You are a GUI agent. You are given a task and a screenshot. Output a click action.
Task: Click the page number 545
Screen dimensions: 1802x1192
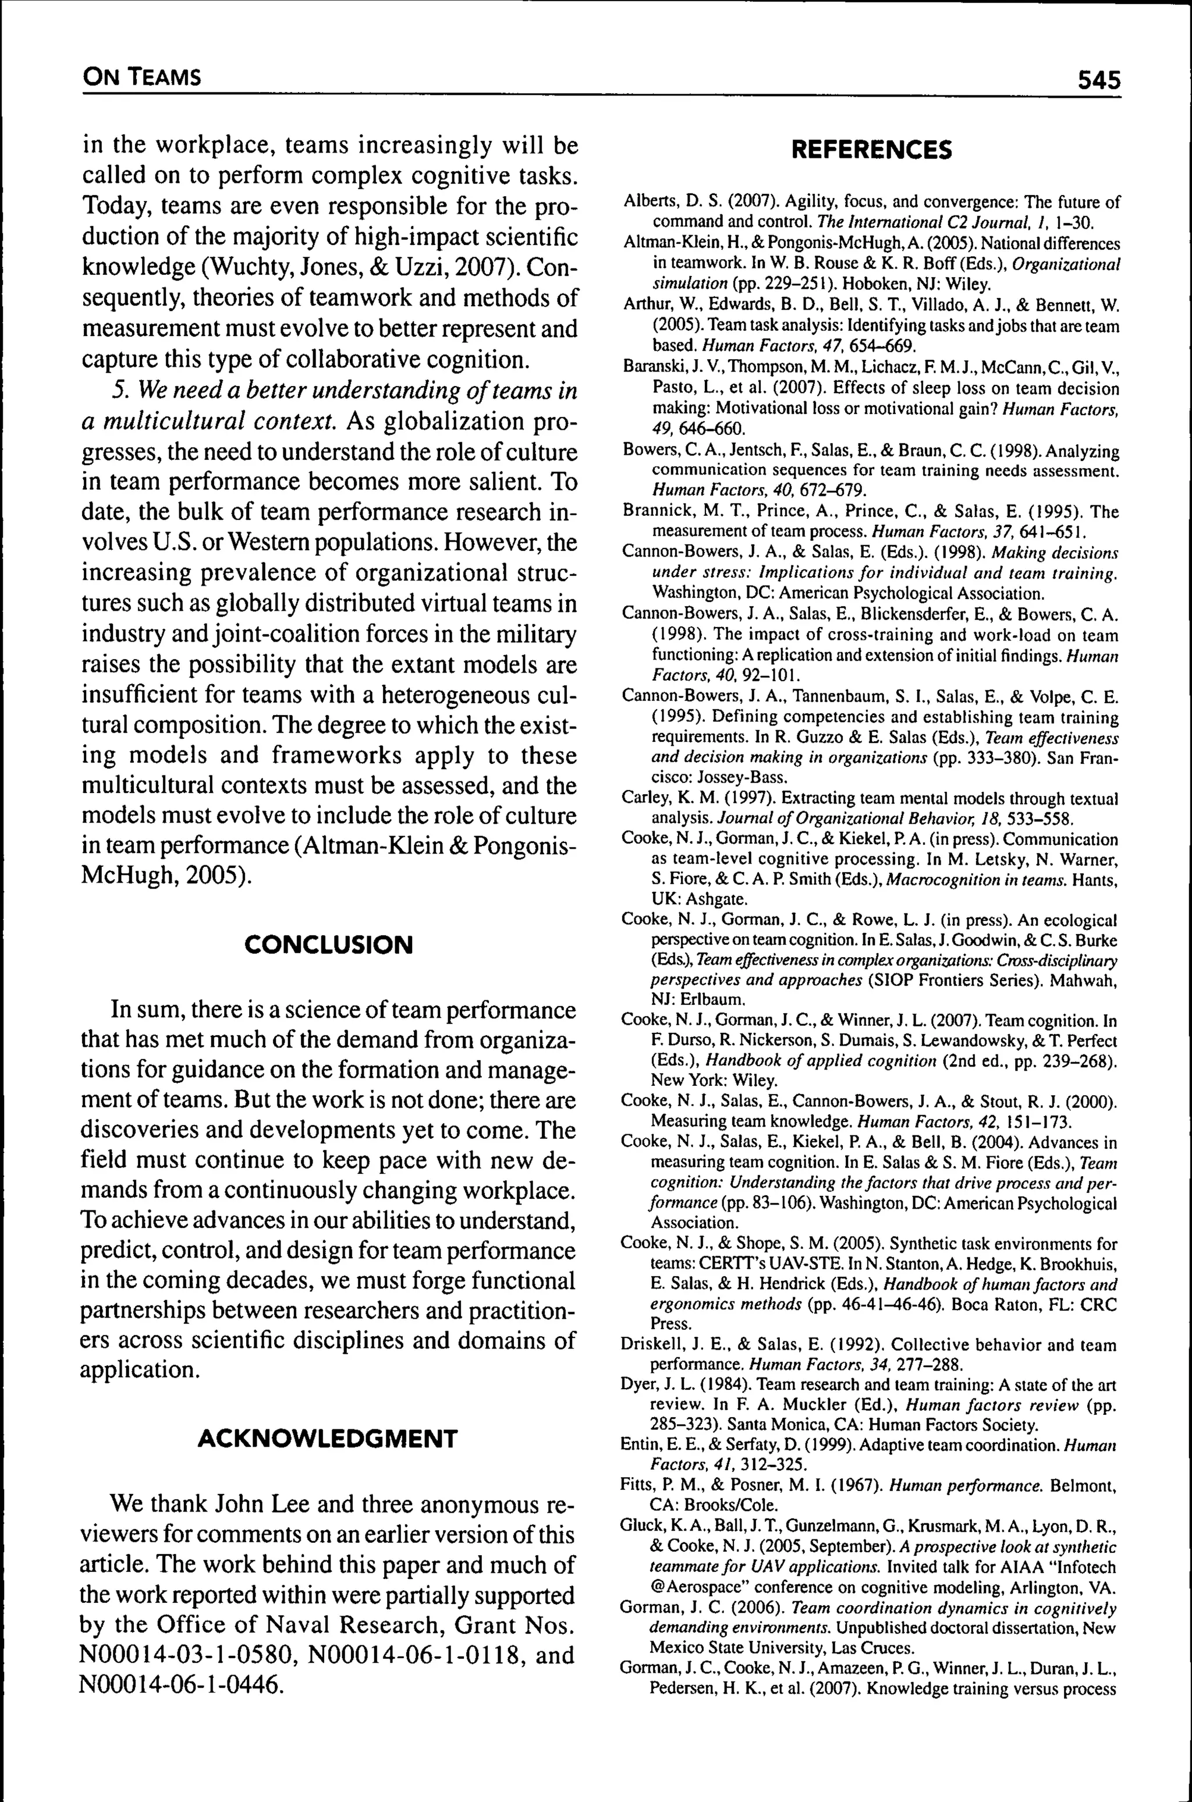tap(1098, 79)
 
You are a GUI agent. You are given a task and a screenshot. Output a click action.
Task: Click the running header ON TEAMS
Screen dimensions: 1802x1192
tap(142, 76)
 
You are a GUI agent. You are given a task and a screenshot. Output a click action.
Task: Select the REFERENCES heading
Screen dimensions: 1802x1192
tap(871, 150)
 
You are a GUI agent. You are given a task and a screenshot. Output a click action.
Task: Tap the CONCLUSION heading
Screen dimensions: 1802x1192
tap(328, 945)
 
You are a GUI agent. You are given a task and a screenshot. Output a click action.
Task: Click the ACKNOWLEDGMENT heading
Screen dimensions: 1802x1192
tap(328, 1439)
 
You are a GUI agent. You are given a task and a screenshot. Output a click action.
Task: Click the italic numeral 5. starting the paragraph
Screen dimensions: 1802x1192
tap(122, 391)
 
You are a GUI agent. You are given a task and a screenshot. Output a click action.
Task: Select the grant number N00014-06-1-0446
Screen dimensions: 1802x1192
tap(180, 1685)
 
